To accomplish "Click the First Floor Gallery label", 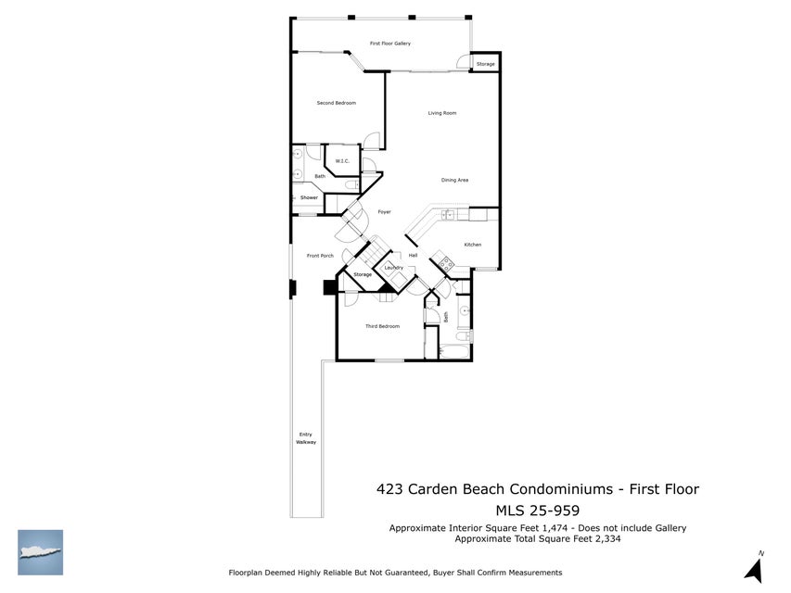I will (389, 44).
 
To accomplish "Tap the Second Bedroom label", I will (336, 103).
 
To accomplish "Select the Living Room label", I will (442, 113).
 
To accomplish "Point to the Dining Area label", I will (454, 180).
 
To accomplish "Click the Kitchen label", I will (473, 245).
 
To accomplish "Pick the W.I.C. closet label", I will (342, 161).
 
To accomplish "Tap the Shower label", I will (309, 197).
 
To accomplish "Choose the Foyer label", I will (384, 212).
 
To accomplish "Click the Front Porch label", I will (320, 256).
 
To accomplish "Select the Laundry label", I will (394, 268).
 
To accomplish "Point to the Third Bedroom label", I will (382, 326).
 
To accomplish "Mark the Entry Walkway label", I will (306, 438).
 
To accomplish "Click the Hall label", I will (413, 255).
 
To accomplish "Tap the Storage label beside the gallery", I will (486, 64).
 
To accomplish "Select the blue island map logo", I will (40, 552).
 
